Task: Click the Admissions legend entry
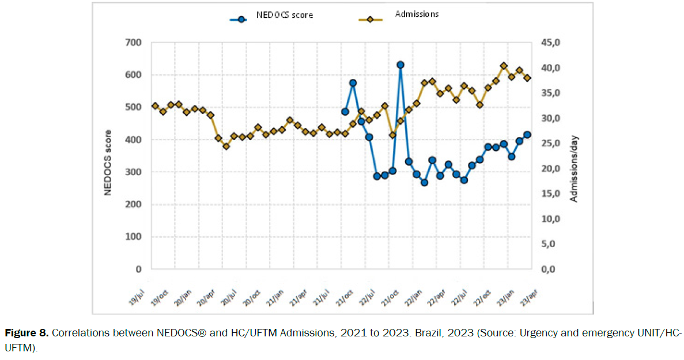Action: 404,14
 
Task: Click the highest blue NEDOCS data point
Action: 400,65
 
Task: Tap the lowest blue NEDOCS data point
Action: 425,183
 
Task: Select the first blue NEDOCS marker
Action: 345,112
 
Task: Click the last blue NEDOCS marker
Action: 527,135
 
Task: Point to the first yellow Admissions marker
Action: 155,106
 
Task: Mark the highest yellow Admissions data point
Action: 504,66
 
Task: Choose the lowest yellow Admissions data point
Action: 226,146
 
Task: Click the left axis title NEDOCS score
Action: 108,156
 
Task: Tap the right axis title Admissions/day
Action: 574,169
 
